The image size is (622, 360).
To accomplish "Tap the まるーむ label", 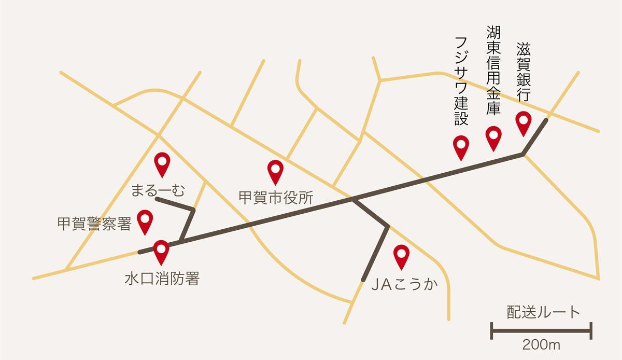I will pyautogui.click(x=158, y=190).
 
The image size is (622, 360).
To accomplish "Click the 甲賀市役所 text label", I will pyautogui.click(x=276, y=198).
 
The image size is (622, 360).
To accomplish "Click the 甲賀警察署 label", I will pyautogui.click(x=94, y=224).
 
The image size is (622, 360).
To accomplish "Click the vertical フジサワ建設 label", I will pyautogui.click(x=461, y=81).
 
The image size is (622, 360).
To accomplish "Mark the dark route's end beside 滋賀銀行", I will pyautogui.click(x=545, y=121).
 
